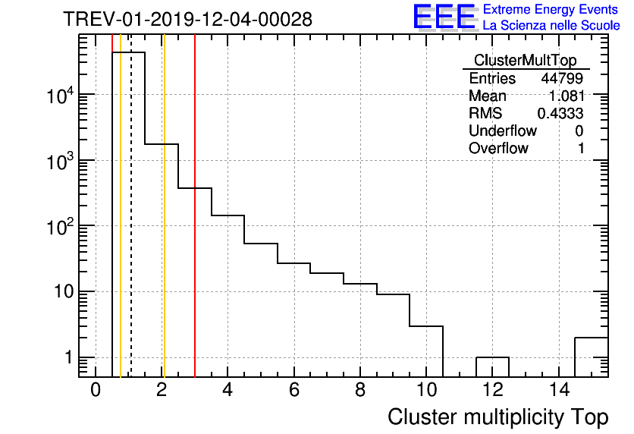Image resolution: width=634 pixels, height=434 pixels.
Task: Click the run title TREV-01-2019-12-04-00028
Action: (x=187, y=19)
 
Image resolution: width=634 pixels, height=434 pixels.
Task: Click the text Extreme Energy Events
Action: (x=551, y=10)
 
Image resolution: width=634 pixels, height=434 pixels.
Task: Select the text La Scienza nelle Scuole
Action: (x=551, y=26)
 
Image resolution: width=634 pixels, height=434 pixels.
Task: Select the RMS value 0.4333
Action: (x=560, y=114)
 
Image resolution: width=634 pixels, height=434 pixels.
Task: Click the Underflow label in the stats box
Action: (x=502, y=131)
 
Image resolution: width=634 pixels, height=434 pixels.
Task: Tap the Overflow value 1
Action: (x=581, y=149)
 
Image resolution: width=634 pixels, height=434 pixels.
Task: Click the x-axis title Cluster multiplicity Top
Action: (x=497, y=417)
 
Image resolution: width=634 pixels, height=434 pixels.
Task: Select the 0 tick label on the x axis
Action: (x=96, y=390)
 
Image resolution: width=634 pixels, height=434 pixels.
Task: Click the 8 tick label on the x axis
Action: (x=360, y=390)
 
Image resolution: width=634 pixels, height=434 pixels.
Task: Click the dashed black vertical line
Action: (x=131, y=228)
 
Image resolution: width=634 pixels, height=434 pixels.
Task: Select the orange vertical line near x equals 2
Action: (x=164, y=228)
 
